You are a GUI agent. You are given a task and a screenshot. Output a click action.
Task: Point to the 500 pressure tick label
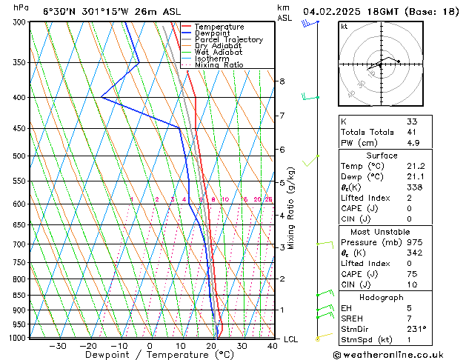(x=18, y=156)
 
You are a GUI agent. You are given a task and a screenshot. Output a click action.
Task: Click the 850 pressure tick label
(x=18, y=295)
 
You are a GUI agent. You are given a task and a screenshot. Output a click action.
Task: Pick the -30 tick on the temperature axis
(x=57, y=345)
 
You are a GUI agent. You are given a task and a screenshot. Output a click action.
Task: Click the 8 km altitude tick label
(x=282, y=81)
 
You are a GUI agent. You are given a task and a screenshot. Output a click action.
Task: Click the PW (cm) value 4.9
(x=412, y=143)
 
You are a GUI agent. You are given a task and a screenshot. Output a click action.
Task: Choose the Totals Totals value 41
(x=412, y=132)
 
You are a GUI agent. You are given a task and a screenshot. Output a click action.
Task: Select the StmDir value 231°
(x=416, y=329)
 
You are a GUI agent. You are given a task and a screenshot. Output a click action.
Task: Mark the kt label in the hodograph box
(x=344, y=26)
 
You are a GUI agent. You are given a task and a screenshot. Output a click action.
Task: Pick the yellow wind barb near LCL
(x=319, y=338)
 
